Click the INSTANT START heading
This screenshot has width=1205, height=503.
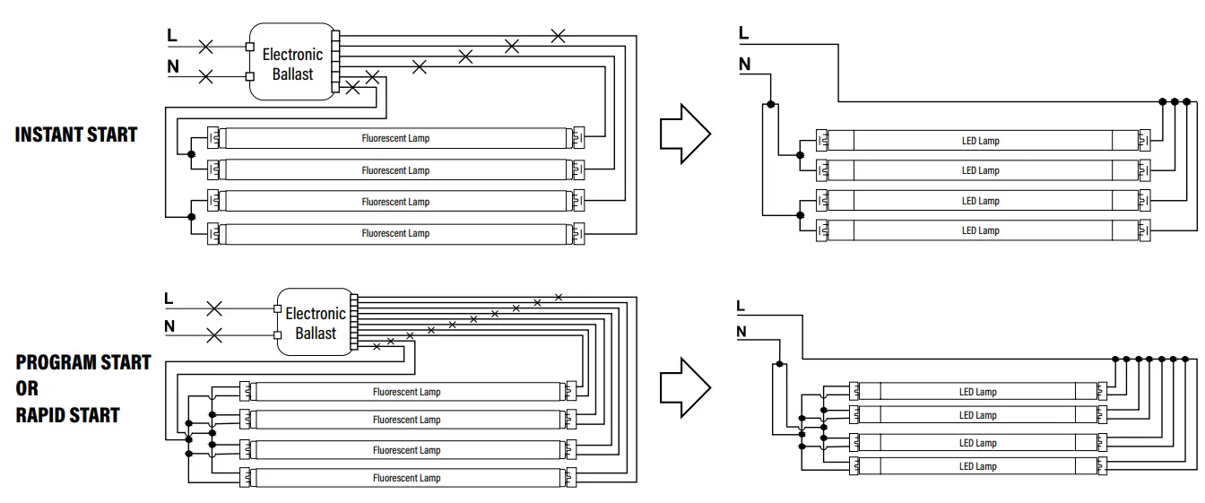[x=76, y=134]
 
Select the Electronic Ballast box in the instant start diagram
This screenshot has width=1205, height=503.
[x=292, y=64]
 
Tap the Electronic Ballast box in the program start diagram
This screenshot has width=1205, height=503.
[x=315, y=323]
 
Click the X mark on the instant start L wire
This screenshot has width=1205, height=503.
[x=205, y=46]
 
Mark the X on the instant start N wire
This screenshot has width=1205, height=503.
[x=205, y=76]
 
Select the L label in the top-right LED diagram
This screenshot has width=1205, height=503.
[x=743, y=34]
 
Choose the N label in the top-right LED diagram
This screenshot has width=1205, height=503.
[x=744, y=65]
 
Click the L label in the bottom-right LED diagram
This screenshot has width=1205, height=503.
[x=741, y=306]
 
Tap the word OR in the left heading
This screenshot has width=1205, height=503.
[x=27, y=388]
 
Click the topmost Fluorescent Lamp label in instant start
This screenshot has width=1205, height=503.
[x=395, y=139]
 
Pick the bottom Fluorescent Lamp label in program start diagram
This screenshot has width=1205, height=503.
[x=406, y=478]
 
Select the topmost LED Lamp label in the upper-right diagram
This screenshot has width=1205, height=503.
[x=980, y=141]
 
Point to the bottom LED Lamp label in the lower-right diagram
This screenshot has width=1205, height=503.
[x=977, y=466]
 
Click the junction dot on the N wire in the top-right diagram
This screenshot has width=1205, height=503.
[x=770, y=105]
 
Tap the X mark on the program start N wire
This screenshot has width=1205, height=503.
[x=214, y=336]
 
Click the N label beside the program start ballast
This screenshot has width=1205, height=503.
[x=169, y=326]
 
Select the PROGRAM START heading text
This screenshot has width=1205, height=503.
[x=82, y=362]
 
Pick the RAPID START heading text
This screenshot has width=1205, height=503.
[x=67, y=415]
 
